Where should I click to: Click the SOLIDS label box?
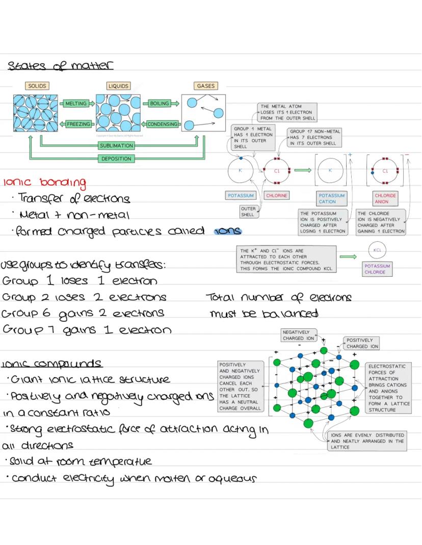click(35, 86)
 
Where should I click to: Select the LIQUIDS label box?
click(118, 86)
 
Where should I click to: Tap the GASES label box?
click(205, 86)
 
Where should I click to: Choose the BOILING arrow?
click(161, 104)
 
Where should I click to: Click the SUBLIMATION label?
click(116, 146)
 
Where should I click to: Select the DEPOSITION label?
click(116, 159)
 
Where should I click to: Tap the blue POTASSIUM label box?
click(240, 195)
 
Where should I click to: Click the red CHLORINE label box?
click(277, 195)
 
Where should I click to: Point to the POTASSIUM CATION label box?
click(332, 198)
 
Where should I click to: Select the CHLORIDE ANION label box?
click(385, 198)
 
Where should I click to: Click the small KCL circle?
click(377, 250)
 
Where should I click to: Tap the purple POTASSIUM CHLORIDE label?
click(377, 269)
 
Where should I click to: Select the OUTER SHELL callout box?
click(248, 212)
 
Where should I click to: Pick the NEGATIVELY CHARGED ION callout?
click(299, 335)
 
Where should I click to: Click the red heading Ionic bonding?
click(44, 182)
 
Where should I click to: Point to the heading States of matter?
click(60, 66)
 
